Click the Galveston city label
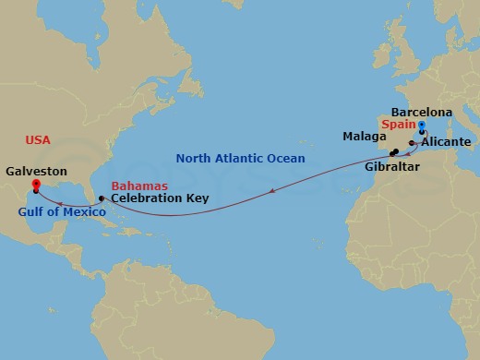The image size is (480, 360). (x=33, y=171)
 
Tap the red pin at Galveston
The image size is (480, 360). (x=35, y=185)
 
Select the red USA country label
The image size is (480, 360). (x=38, y=139)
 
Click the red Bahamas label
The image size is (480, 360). (x=139, y=186)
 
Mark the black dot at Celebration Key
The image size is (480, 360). (x=102, y=198)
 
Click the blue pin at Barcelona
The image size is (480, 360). (x=422, y=126)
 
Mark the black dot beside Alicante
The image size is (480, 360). (x=412, y=142)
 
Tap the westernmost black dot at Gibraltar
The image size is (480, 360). (x=391, y=153)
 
